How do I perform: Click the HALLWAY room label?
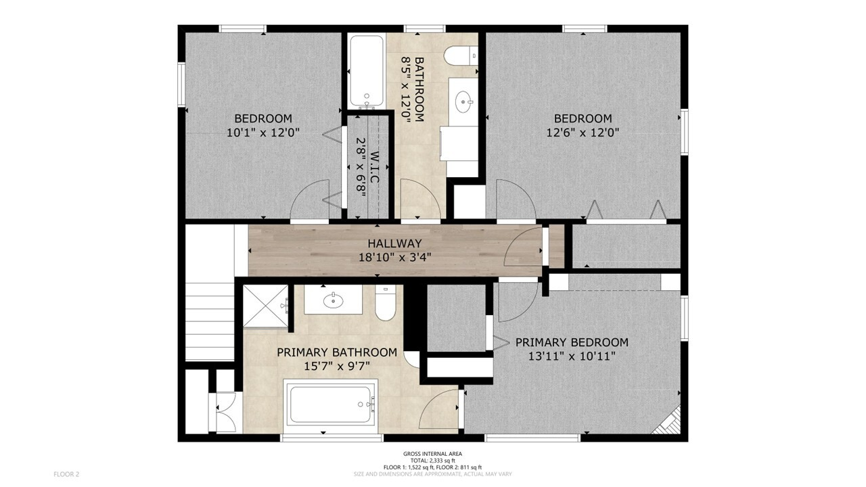coord(394,243)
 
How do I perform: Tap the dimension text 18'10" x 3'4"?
coord(394,258)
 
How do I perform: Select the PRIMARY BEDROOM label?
coord(572,342)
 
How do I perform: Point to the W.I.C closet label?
coord(374,167)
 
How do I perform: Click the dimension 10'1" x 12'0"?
coord(263,133)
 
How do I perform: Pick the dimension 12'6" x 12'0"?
coord(583,133)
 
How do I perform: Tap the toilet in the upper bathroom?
coord(461,56)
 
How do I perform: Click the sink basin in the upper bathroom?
coord(463,102)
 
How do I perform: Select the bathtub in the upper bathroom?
coord(367,71)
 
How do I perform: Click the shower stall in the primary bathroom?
coord(266,306)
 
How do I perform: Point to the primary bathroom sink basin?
coord(334,301)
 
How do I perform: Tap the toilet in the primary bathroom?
coord(386,304)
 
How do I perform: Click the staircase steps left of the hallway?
coord(210,321)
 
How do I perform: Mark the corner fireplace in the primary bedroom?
coord(668,421)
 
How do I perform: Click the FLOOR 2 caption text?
coord(66,474)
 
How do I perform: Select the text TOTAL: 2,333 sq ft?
coord(432,461)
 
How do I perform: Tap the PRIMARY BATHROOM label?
coord(337,352)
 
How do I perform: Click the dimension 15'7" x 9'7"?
coord(337,366)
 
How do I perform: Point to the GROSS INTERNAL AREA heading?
coord(432,454)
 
